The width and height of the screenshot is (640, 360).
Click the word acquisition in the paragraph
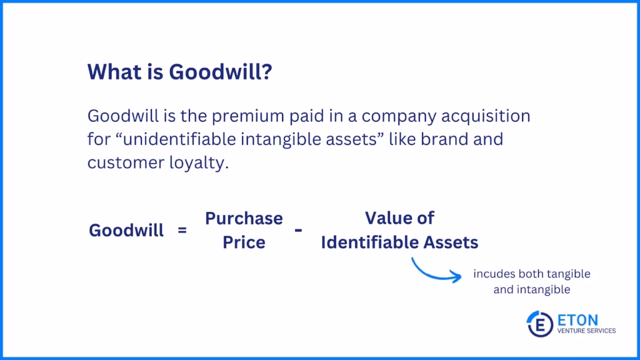[x=486, y=116]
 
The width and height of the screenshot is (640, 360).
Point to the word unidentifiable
[x=179, y=139]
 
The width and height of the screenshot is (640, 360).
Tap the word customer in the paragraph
[x=126, y=163]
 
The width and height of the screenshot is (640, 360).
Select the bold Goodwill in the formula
[x=126, y=230]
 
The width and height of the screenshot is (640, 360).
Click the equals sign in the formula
[x=182, y=230]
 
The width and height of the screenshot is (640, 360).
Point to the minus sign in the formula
[x=298, y=231]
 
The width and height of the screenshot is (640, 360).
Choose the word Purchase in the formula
[x=244, y=218]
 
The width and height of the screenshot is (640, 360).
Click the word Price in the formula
[x=244, y=242]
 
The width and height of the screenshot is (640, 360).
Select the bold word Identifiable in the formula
[x=370, y=242]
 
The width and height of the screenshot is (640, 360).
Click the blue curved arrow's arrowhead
[x=457, y=276]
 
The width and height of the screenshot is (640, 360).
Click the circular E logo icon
[x=540, y=324]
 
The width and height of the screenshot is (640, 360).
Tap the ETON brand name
[x=577, y=320]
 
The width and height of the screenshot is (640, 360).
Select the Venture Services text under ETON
[x=586, y=331]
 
